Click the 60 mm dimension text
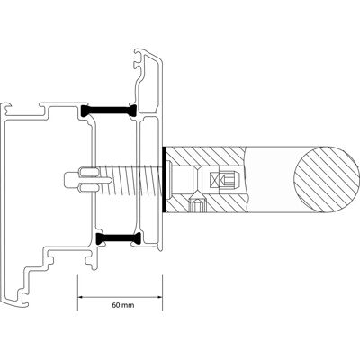point(123,305)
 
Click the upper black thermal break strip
point(109,111)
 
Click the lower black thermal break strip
point(119,238)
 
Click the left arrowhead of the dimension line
point(81,297)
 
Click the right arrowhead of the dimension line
point(159,297)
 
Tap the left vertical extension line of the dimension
point(77,292)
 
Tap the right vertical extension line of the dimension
point(163,292)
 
